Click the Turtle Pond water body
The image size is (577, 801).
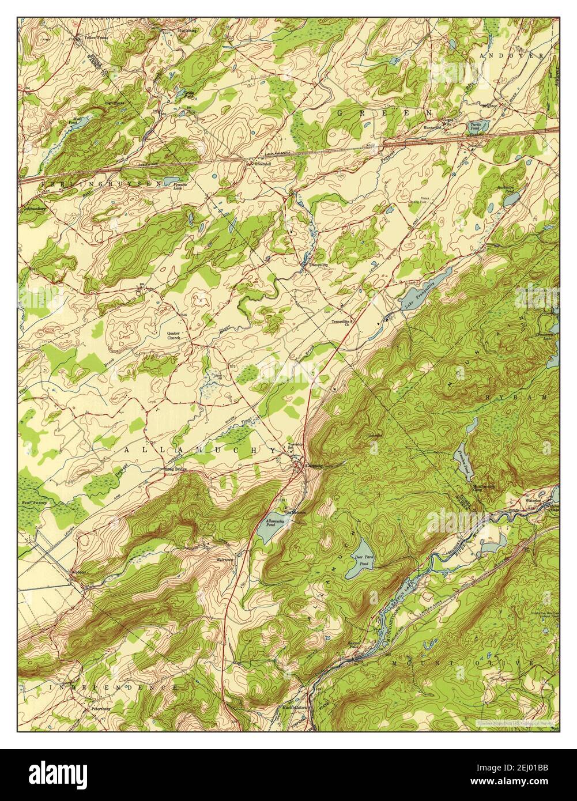click(x=478, y=126)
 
